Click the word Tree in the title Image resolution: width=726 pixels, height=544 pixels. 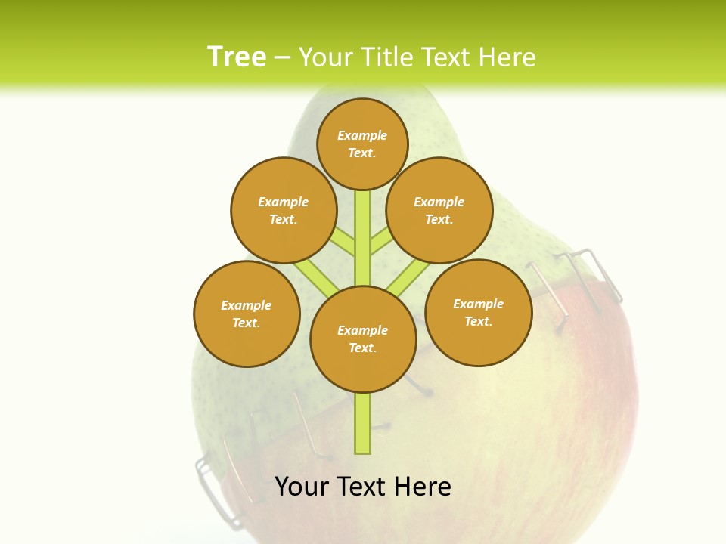click(x=236, y=57)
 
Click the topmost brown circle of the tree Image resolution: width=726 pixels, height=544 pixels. click(x=362, y=144)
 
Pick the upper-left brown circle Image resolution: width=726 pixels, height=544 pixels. click(x=283, y=210)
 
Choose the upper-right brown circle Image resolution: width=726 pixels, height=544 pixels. click(x=439, y=210)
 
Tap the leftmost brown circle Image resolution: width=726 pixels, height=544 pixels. click(x=247, y=314)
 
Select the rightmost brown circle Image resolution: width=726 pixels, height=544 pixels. click(x=478, y=312)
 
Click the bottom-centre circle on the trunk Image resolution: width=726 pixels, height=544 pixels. click(x=363, y=339)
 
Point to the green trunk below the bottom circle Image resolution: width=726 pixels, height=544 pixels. click(x=363, y=423)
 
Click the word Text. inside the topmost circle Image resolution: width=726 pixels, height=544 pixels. click(x=362, y=153)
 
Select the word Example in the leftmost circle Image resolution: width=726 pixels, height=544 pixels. click(x=246, y=305)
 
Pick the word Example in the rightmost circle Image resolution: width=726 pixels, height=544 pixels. click(x=478, y=304)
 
